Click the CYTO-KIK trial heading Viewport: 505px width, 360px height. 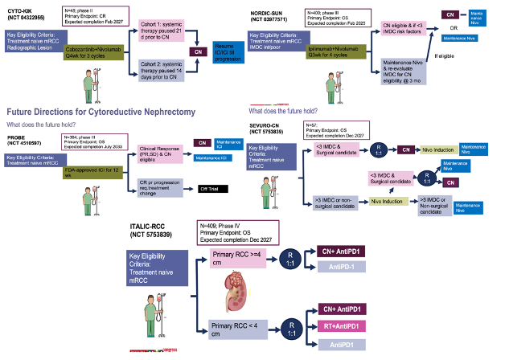pos(24,12)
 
